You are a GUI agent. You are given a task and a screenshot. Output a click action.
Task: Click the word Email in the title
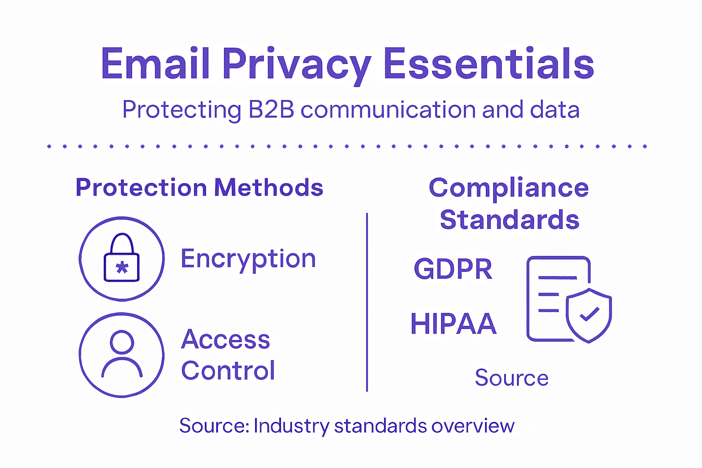click(155, 64)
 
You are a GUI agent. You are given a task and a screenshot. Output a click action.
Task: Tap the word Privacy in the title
click(297, 65)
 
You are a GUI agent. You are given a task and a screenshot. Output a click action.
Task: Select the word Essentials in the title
click(489, 64)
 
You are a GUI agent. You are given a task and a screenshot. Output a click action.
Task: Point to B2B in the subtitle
click(271, 110)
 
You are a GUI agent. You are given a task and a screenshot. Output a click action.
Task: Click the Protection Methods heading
click(199, 187)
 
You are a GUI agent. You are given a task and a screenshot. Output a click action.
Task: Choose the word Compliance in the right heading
click(509, 188)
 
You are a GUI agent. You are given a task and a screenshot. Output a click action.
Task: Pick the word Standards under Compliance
click(509, 220)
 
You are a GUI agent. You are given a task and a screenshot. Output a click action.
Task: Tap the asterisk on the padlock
click(122, 267)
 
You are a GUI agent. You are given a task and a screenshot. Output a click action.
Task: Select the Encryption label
click(248, 259)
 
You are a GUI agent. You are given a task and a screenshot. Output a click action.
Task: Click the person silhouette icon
click(122, 354)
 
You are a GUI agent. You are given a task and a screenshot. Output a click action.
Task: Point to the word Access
click(225, 340)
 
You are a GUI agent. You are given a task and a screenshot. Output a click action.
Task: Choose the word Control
click(228, 371)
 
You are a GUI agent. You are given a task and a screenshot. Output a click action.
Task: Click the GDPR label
click(453, 269)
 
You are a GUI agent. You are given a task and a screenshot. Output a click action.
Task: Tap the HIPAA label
click(453, 324)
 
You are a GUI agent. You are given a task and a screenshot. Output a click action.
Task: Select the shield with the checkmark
click(589, 315)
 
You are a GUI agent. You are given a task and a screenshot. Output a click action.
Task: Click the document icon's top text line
click(558, 277)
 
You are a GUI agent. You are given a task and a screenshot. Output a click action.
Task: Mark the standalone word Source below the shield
click(511, 378)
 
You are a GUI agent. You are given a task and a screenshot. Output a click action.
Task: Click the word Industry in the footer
click(291, 426)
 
